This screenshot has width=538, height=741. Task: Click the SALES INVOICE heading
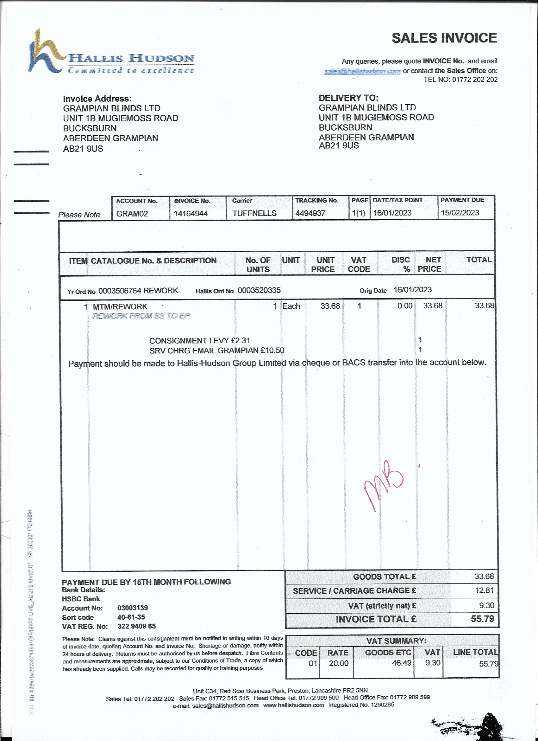pos(444,38)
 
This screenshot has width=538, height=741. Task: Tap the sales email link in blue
pos(362,71)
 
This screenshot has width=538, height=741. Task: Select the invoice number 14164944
pos(191,214)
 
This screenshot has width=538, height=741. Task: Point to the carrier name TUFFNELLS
pos(254,213)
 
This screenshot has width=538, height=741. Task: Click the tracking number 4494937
pos(310,213)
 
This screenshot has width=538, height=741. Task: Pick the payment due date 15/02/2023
pos(460,213)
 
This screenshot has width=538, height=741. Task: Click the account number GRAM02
pos(132,214)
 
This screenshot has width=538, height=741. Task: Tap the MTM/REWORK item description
pos(120,307)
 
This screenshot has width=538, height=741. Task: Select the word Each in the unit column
pos(291,306)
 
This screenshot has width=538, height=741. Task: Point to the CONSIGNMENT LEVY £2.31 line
pos(200,341)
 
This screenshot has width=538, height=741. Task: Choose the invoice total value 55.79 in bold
pos(483,619)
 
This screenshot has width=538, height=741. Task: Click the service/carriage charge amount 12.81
pos(484,590)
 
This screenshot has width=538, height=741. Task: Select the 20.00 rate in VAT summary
pos(339,663)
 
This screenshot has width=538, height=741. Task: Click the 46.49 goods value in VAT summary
pos(402,663)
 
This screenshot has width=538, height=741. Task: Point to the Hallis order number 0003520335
pos(259,290)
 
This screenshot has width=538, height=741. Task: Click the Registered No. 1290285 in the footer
pos(361,705)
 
